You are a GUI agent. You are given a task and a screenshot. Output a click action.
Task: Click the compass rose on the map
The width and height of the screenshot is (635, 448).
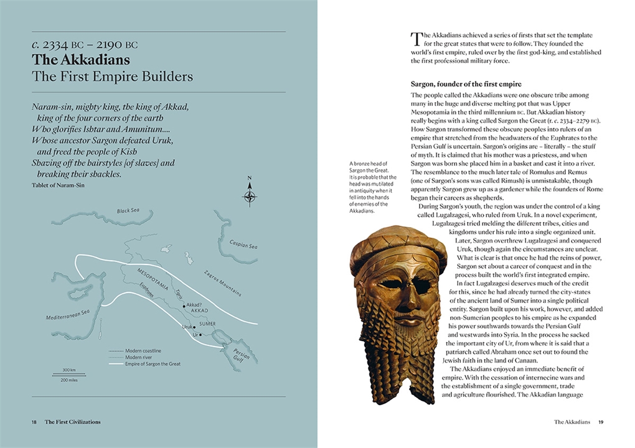(250, 197)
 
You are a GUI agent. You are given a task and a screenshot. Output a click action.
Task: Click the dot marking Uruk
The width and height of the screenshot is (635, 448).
(194, 326)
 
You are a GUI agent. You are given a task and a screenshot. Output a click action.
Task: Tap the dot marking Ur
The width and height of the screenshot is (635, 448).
(200, 335)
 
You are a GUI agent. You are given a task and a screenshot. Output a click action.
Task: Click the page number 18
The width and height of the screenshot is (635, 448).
(34, 422)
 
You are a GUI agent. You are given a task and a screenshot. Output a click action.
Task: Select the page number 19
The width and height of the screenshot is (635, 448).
(601, 422)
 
